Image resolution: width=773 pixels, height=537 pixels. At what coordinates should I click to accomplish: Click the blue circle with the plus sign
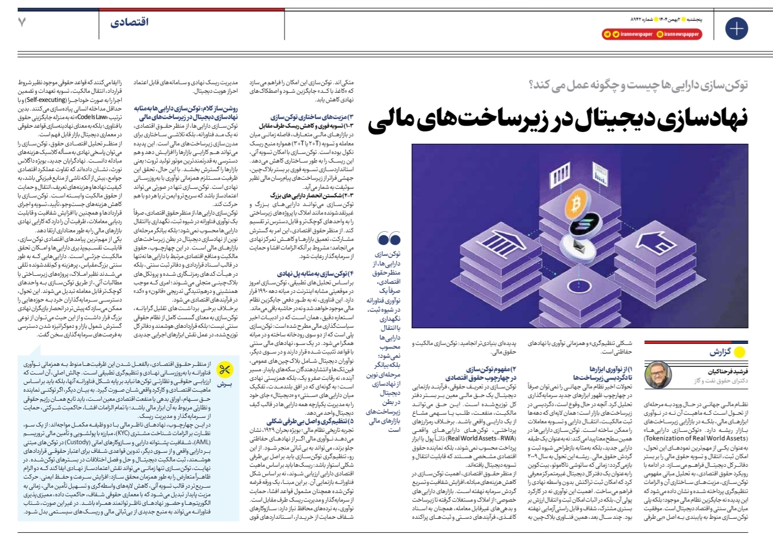736,28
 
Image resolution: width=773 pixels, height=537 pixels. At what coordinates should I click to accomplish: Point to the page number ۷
22,23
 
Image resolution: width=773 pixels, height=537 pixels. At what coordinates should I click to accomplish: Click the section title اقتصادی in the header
129,23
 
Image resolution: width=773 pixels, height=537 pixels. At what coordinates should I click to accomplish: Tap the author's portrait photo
658,375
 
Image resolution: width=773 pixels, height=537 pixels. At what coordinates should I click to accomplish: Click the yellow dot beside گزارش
740,352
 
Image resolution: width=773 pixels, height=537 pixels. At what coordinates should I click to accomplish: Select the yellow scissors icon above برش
224,370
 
